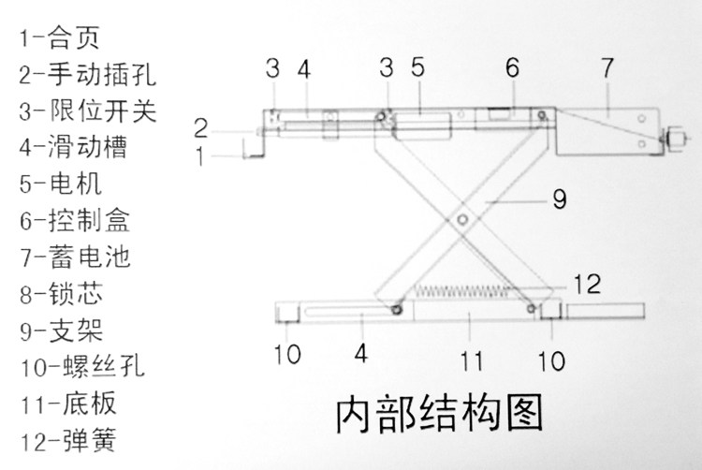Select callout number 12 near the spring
point(587,282)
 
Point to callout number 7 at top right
point(607,68)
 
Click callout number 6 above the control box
point(511,68)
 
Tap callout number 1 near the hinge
point(200,155)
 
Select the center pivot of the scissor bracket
point(464,218)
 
